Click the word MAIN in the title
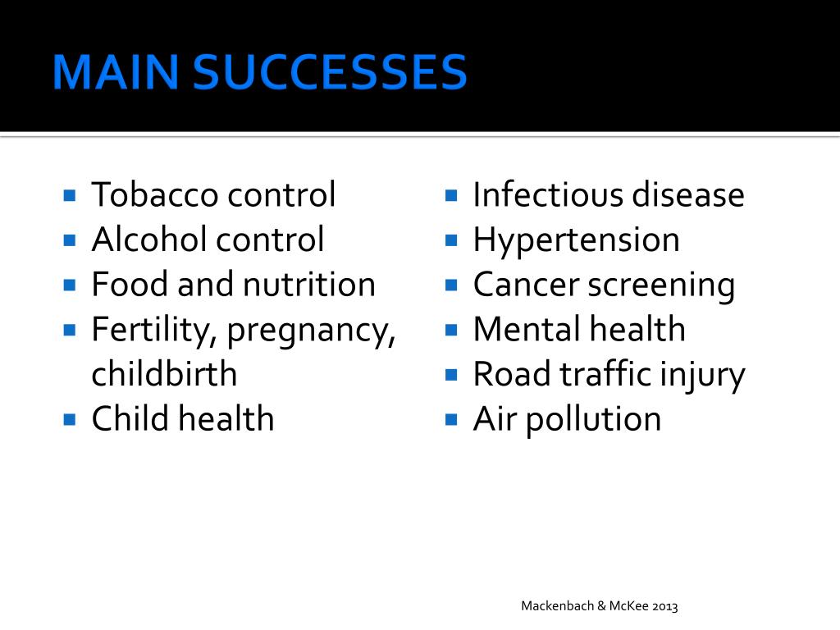point(115,72)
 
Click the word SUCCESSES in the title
point(330,72)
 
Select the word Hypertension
point(577,241)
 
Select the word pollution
point(594,420)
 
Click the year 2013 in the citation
point(664,606)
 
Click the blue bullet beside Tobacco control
point(70,194)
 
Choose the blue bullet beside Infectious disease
point(451,194)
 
